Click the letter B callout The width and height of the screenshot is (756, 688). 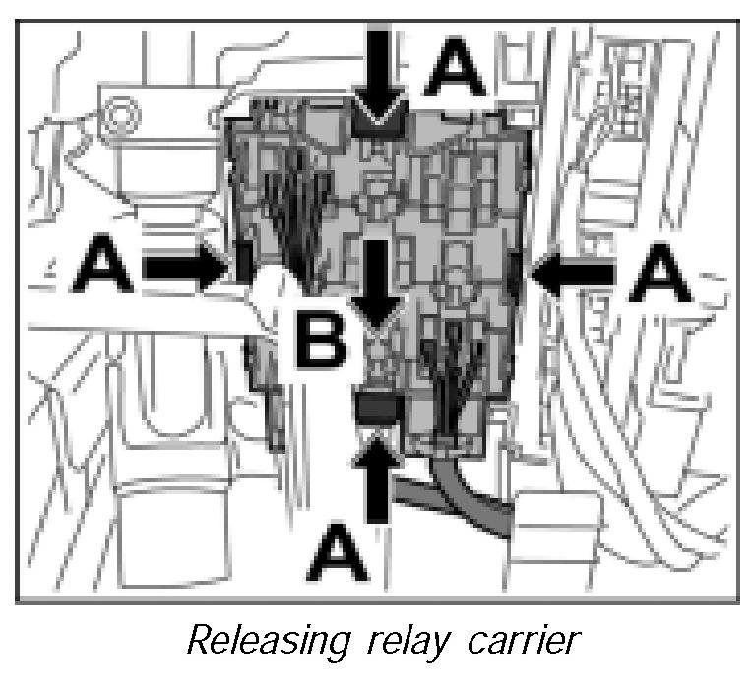click(x=322, y=340)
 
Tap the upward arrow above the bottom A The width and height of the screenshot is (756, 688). click(x=377, y=482)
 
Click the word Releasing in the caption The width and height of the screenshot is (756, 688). click(x=264, y=640)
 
